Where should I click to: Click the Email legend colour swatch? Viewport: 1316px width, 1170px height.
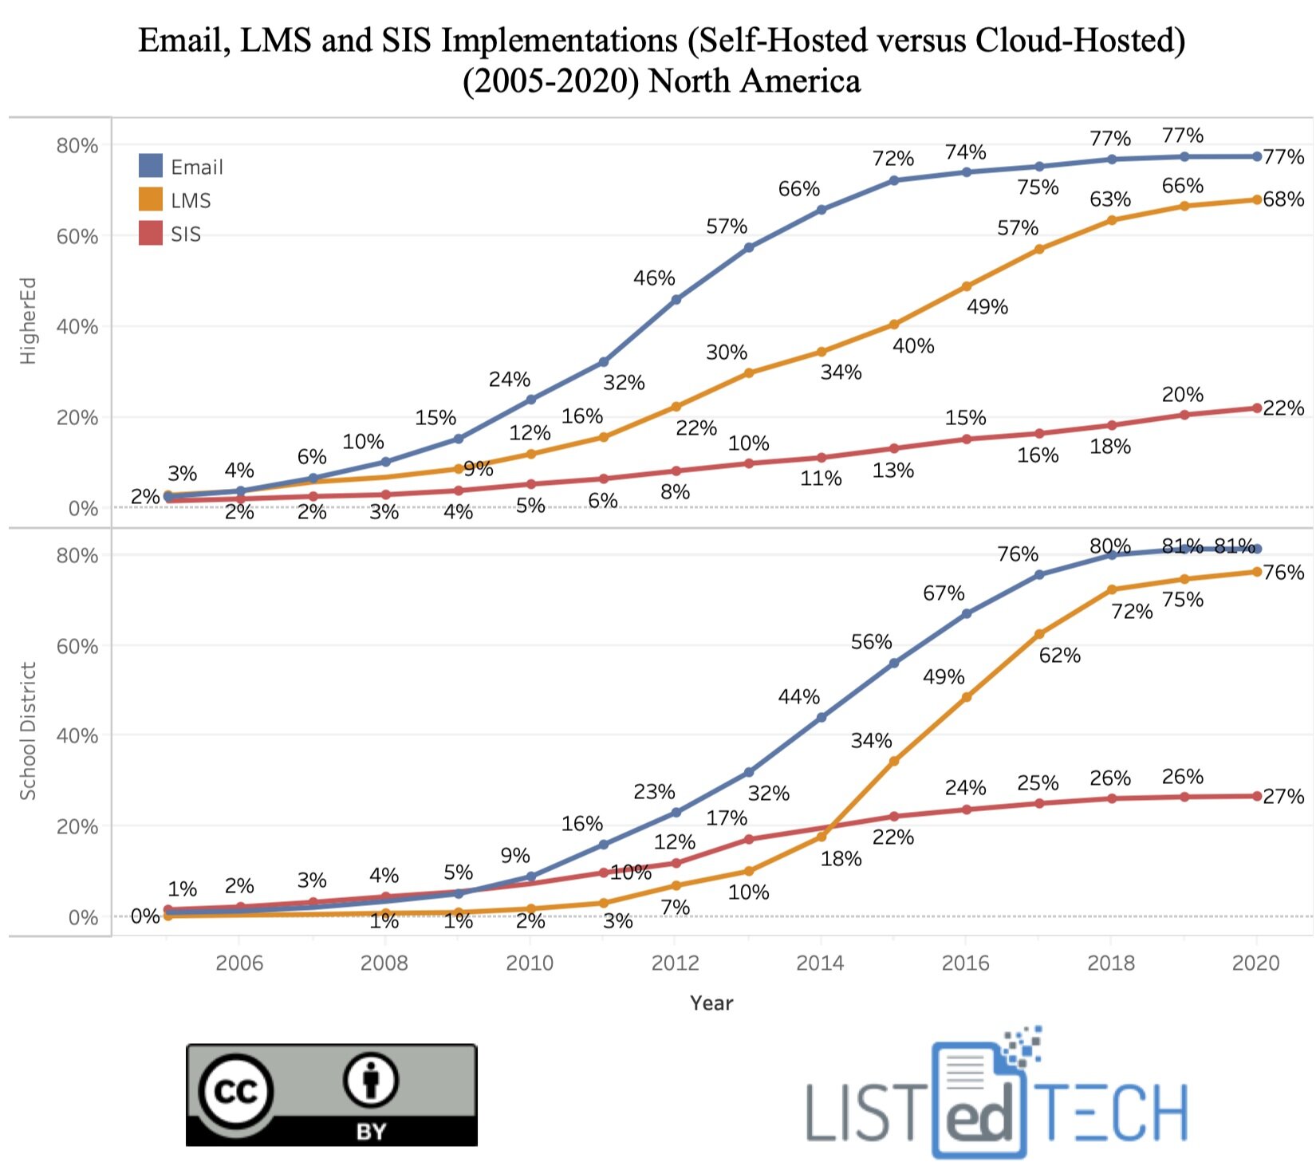pos(151,166)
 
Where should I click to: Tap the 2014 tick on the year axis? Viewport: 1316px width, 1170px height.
pos(820,963)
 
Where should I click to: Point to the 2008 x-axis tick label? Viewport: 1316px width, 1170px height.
pos(384,963)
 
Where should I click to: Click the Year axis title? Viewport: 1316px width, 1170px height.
pos(711,1003)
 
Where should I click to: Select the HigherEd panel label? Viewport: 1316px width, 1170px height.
pos(28,321)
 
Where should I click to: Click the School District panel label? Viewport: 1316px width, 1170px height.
pos(28,731)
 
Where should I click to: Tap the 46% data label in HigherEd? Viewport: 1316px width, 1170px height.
pos(654,278)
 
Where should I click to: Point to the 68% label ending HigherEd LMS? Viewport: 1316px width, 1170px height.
pos(1283,199)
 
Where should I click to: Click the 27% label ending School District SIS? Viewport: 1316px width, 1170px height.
pos(1283,796)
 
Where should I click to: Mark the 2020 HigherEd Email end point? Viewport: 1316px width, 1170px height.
pos(1257,156)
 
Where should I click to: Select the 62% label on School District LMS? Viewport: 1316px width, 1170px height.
pos(1059,656)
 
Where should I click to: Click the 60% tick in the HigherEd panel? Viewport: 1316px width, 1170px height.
pos(77,236)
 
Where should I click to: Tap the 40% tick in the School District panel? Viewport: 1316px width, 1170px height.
pos(77,735)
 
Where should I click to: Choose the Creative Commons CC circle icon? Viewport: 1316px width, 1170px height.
pos(236,1089)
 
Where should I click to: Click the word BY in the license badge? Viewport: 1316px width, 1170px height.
pos(371,1131)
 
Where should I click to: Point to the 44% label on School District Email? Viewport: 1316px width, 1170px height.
pos(798,696)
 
